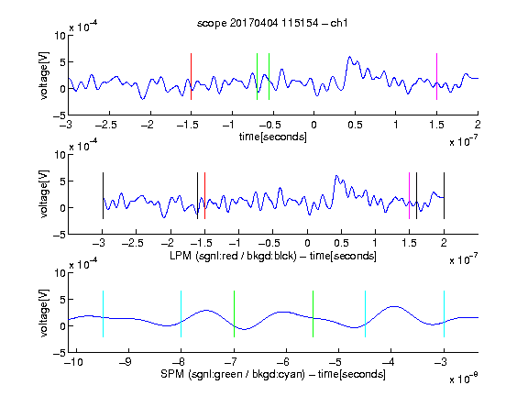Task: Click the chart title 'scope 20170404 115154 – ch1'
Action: (272, 23)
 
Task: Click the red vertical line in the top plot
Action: (191, 76)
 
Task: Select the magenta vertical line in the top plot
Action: (436, 76)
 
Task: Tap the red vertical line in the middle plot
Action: (204, 195)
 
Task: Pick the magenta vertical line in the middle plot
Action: (409, 195)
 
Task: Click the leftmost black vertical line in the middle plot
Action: (103, 195)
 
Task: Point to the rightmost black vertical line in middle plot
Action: (444, 195)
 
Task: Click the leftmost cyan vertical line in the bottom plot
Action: (103, 313)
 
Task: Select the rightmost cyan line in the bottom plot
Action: (444, 313)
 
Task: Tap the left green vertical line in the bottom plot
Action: (234, 313)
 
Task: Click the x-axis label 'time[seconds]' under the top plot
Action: (273, 137)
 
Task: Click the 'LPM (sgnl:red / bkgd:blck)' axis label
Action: (233, 256)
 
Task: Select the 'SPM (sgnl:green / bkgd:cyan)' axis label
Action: (233, 374)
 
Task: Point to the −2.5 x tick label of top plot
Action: (106, 125)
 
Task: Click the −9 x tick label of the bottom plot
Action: (126, 362)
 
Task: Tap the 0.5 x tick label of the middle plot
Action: (341, 243)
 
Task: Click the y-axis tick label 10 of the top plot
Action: (60, 36)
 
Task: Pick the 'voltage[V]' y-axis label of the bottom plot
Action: (44, 313)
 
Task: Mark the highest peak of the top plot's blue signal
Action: (349, 57)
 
